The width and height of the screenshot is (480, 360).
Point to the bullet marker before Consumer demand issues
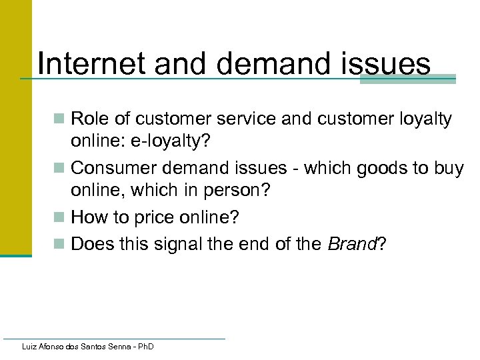60,169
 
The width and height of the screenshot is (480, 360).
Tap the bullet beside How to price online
60,218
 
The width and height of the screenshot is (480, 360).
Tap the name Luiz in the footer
30,347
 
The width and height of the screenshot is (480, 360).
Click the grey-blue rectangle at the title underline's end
407,79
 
